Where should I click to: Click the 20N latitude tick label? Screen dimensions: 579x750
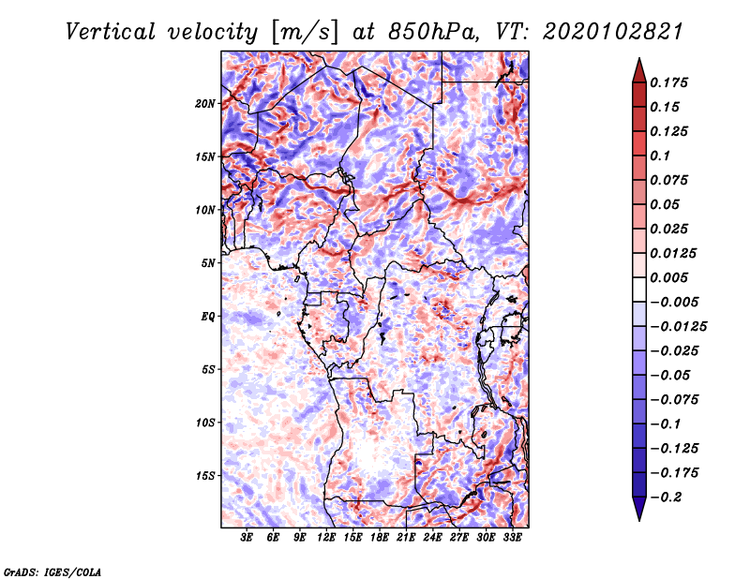click(x=205, y=103)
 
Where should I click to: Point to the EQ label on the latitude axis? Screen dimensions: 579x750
click(x=208, y=317)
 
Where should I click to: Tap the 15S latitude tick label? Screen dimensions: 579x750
click(x=205, y=476)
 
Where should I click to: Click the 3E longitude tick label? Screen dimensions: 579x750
click(x=247, y=538)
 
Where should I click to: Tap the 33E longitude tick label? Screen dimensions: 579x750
click(x=513, y=538)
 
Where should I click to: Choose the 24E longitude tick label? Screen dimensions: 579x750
click(x=433, y=538)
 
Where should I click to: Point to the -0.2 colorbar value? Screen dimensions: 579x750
click(x=667, y=497)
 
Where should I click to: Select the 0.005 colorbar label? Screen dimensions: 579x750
click(x=671, y=277)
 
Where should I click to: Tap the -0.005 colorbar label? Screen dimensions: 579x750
click(x=674, y=302)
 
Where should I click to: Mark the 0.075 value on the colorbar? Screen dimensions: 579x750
click(x=671, y=180)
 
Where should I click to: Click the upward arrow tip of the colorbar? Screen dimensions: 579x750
click(x=638, y=62)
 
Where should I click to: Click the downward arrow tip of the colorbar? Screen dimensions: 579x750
click(x=638, y=517)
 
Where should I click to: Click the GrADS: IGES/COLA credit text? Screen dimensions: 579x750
click(x=52, y=571)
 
